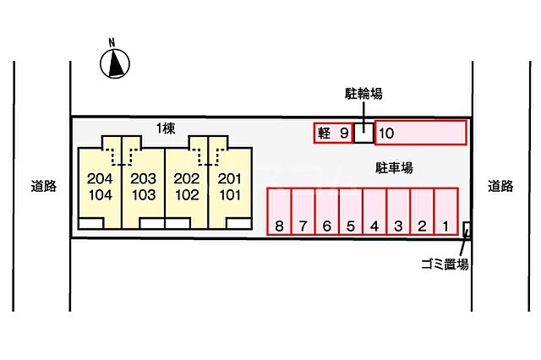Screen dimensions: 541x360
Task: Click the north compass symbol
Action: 115,63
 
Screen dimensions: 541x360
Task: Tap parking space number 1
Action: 446,211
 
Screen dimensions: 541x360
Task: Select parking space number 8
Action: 280,211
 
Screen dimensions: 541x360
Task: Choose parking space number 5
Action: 351,211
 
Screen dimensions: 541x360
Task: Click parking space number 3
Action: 398,211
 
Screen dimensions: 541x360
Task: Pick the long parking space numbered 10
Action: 421,133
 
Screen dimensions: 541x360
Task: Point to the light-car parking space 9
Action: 333,133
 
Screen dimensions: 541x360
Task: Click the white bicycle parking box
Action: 363,133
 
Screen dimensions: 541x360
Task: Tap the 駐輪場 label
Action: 363,94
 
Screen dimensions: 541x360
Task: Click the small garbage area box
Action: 467,229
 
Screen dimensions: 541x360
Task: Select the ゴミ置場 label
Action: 445,265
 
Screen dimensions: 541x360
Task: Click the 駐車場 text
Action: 394,168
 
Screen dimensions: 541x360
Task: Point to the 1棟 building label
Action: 166,128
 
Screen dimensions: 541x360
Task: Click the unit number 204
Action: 100,178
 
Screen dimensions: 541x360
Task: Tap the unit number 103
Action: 144,195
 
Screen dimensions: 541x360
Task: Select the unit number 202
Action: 187,178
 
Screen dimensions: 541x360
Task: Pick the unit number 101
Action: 230,195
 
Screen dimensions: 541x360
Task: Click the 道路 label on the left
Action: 43,186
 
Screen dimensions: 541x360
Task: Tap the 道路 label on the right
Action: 500,186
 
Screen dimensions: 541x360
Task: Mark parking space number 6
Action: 327,211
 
